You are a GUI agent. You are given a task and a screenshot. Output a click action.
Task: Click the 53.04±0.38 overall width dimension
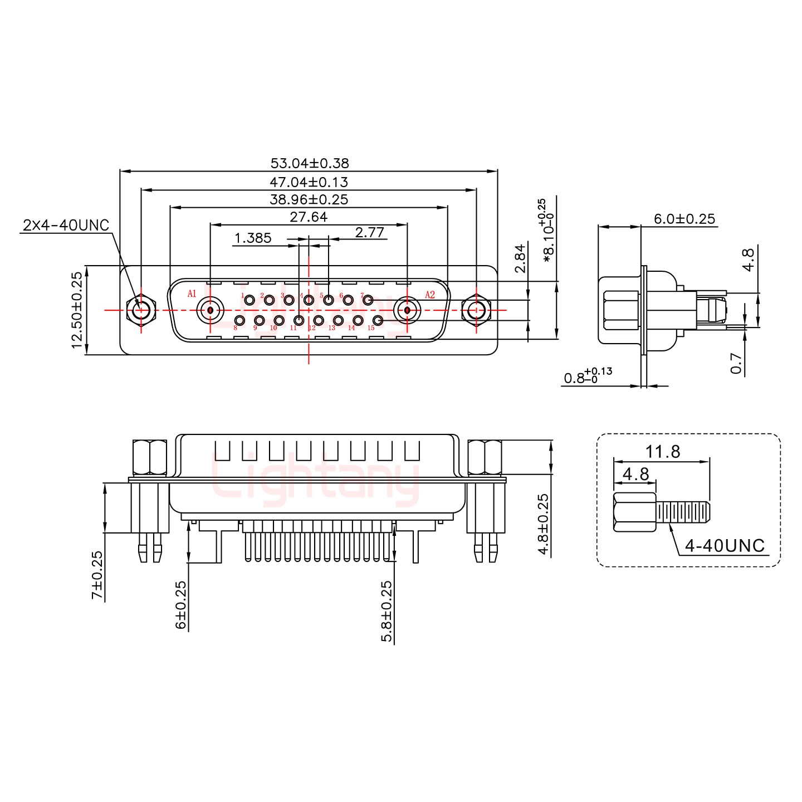pyautogui.click(x=310, y=163)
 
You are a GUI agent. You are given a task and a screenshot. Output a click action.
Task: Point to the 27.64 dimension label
pyautogui.click(x=309, y=217)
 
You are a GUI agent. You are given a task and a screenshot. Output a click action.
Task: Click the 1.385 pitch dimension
pyautogui.click(x=253, y=238)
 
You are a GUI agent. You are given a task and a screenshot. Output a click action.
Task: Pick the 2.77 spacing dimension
pyautogui.click(x=370, y=232)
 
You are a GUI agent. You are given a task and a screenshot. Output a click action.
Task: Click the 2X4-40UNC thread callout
pyautogui.click(x=66, y=226)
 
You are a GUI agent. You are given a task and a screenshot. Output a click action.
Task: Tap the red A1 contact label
pyautogui.click(x=192, y=294)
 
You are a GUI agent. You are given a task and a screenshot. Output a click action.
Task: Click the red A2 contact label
pyautogui.click(x=430, y=295)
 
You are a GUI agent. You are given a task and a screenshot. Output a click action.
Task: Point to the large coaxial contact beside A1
pyautogui.click(x=211, y=310)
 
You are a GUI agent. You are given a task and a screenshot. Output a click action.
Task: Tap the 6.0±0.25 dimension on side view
pyautogui.click(x=684, y=219)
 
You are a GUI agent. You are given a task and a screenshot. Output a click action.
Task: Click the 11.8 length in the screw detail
pyautogui.click(x=663, y=451)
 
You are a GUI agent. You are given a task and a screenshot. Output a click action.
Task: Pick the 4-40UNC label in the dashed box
pyautogui.click(x=725, y=545)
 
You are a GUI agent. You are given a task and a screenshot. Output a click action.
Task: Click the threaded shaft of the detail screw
pyautogui.click(x=683, y=511)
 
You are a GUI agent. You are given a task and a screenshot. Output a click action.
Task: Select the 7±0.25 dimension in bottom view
pyautogui.click(x=97, y=575)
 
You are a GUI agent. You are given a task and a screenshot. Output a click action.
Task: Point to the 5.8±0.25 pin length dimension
pyautogui.click(x=387, y=611)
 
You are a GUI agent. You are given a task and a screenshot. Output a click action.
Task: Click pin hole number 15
pyautogui.click(x=378, y=320)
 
